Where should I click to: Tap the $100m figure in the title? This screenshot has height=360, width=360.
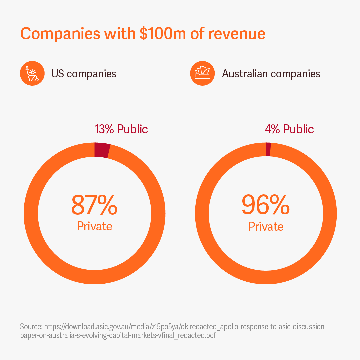tap(162, 34)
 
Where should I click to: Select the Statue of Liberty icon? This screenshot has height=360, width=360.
tap(32, 74)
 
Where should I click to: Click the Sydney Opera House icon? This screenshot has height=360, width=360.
tap(202, 74)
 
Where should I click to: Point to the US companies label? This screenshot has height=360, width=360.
tap(84, 74)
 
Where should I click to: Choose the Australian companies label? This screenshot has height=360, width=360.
tap(271, 74)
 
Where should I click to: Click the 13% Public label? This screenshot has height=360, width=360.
tap(121, 129)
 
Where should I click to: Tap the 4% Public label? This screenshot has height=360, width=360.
tap(289, 129)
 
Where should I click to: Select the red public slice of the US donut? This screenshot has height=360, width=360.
tap(102, 150)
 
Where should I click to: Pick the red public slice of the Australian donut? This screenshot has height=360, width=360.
tap(268, 149)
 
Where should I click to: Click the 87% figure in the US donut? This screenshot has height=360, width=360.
tap(94, 205)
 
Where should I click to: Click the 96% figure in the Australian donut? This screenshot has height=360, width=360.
tap(266, 205)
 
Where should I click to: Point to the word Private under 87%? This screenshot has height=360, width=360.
tap(95, 226)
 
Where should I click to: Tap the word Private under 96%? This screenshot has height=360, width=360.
tap(266, 227)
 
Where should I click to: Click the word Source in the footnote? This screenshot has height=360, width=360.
tap(31, 326)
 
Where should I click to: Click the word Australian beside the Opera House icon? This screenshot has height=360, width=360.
tap(245, 74)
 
